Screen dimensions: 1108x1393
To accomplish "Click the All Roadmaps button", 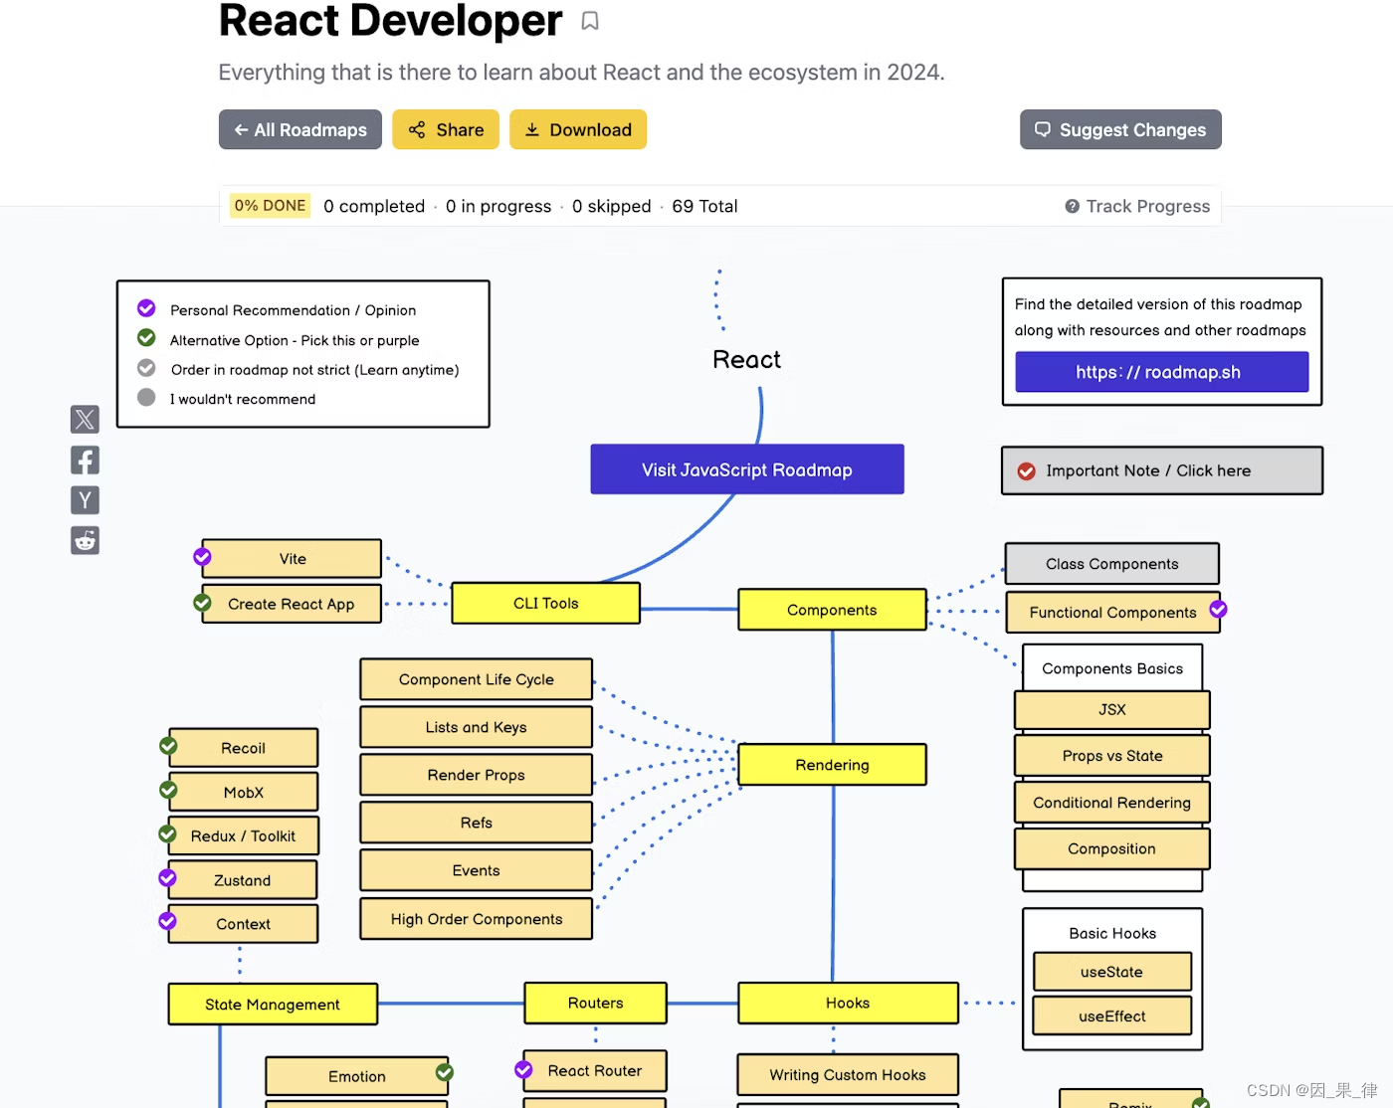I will [x=299, y=130].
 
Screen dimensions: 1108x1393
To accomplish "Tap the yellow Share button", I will [x=445, y=130].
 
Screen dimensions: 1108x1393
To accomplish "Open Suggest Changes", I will [x=1120, y=130].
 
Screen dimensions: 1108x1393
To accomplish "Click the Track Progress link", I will [x=1137, y=207].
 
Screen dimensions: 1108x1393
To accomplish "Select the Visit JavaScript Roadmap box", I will [x=746, y=469].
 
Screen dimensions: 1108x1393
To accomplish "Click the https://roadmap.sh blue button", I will [x=1160, y=372].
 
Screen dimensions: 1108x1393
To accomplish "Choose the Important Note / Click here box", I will [x=1161, y=470].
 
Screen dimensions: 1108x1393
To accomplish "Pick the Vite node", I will [x=292, y=559].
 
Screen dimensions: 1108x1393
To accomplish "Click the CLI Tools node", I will [x=545, y=604].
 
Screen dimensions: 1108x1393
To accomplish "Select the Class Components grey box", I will [x=1111, y=564].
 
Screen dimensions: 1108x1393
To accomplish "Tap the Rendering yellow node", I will [x=832, y=765].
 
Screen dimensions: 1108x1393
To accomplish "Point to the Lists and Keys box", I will [x=476, y=727].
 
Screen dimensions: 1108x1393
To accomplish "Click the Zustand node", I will [x=243, y=880].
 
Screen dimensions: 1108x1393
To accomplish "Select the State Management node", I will [x=273, y=1005].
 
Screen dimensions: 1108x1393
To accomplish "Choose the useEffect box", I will [x=1111, y=1016].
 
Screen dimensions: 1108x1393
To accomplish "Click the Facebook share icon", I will [x=85, y=461].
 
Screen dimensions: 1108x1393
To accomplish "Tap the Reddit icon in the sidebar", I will [x=85, y=540].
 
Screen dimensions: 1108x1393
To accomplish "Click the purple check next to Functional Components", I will [x=1218, y=609].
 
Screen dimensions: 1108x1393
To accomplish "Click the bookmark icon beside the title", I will [x=590, y=21].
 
